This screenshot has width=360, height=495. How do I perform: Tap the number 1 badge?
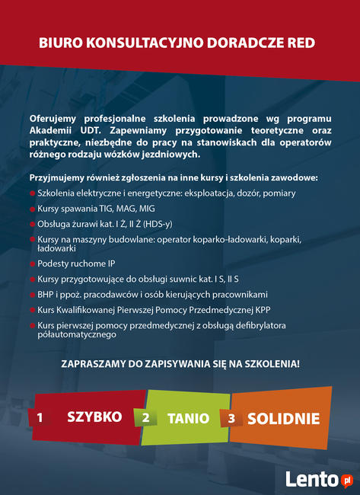(x=40, y=418)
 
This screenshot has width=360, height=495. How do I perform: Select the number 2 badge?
(x=145, y=419)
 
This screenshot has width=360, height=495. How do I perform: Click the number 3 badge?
(x=231, y=419)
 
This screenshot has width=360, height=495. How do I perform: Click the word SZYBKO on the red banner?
(x=94, y=417)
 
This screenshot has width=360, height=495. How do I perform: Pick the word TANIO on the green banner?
(x=188, y=418)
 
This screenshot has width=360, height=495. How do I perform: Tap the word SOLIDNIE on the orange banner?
(x=283, y=418)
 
